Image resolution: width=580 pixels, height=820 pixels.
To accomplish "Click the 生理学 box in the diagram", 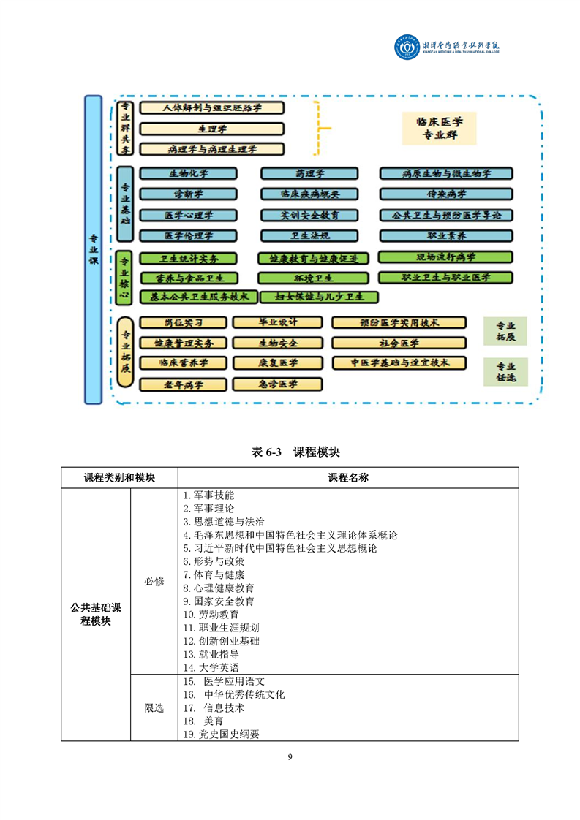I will point(211,129).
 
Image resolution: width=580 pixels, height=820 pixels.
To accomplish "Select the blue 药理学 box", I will point(309,174).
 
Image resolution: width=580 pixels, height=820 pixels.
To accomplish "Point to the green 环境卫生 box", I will point(313,278).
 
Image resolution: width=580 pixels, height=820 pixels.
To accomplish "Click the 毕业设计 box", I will point(276,322).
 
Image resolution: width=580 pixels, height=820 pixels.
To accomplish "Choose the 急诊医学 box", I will point(276,384).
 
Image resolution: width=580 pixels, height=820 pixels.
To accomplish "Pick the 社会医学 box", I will point(399,343).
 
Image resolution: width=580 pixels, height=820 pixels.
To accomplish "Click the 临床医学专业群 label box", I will point(439,129).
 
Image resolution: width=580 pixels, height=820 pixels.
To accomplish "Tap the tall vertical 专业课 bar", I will point(93,249).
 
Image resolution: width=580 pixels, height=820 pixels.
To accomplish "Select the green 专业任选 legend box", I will point(505,372).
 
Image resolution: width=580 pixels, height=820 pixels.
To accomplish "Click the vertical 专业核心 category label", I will point(124,278).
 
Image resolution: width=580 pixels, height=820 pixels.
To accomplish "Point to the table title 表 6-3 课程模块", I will point(290,452).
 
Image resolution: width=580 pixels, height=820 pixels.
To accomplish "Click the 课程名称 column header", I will point(348,477).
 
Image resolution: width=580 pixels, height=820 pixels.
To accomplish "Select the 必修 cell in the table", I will point(154,581).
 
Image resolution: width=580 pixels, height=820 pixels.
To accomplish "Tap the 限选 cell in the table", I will point(154,707).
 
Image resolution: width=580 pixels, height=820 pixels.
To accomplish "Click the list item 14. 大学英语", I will point(211,667).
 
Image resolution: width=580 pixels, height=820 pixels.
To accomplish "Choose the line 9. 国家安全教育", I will point(219,601).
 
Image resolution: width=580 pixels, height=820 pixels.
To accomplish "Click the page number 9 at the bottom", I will point(290,757).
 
